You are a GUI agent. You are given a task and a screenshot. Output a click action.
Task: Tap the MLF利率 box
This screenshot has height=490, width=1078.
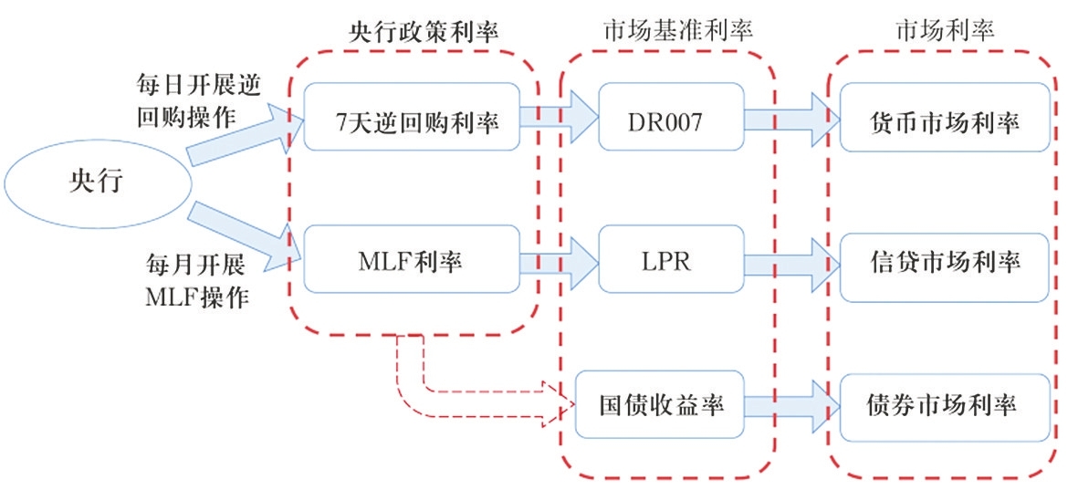(x=412, y=262)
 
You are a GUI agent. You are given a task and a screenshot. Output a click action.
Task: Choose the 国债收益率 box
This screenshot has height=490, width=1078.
(x=661, y=404)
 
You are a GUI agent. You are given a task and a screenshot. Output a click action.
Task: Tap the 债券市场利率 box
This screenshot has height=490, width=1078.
(x=944, y=404)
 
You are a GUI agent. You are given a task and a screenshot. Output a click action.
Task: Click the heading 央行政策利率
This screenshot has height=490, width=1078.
(x=416, y=29)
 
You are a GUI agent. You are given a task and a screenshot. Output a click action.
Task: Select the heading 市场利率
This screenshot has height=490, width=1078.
(x=945, y=29)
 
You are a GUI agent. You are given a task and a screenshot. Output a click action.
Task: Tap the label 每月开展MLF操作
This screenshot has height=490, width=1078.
(x=194, y=282)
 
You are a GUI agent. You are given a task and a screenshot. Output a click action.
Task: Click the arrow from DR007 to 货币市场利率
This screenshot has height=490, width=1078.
(x=790, y=120)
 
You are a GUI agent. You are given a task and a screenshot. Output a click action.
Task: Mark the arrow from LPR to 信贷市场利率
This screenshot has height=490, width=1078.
(x=790, y=263)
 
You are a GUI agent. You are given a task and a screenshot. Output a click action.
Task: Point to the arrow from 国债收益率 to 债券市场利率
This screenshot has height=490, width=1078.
(x=790, y=403)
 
